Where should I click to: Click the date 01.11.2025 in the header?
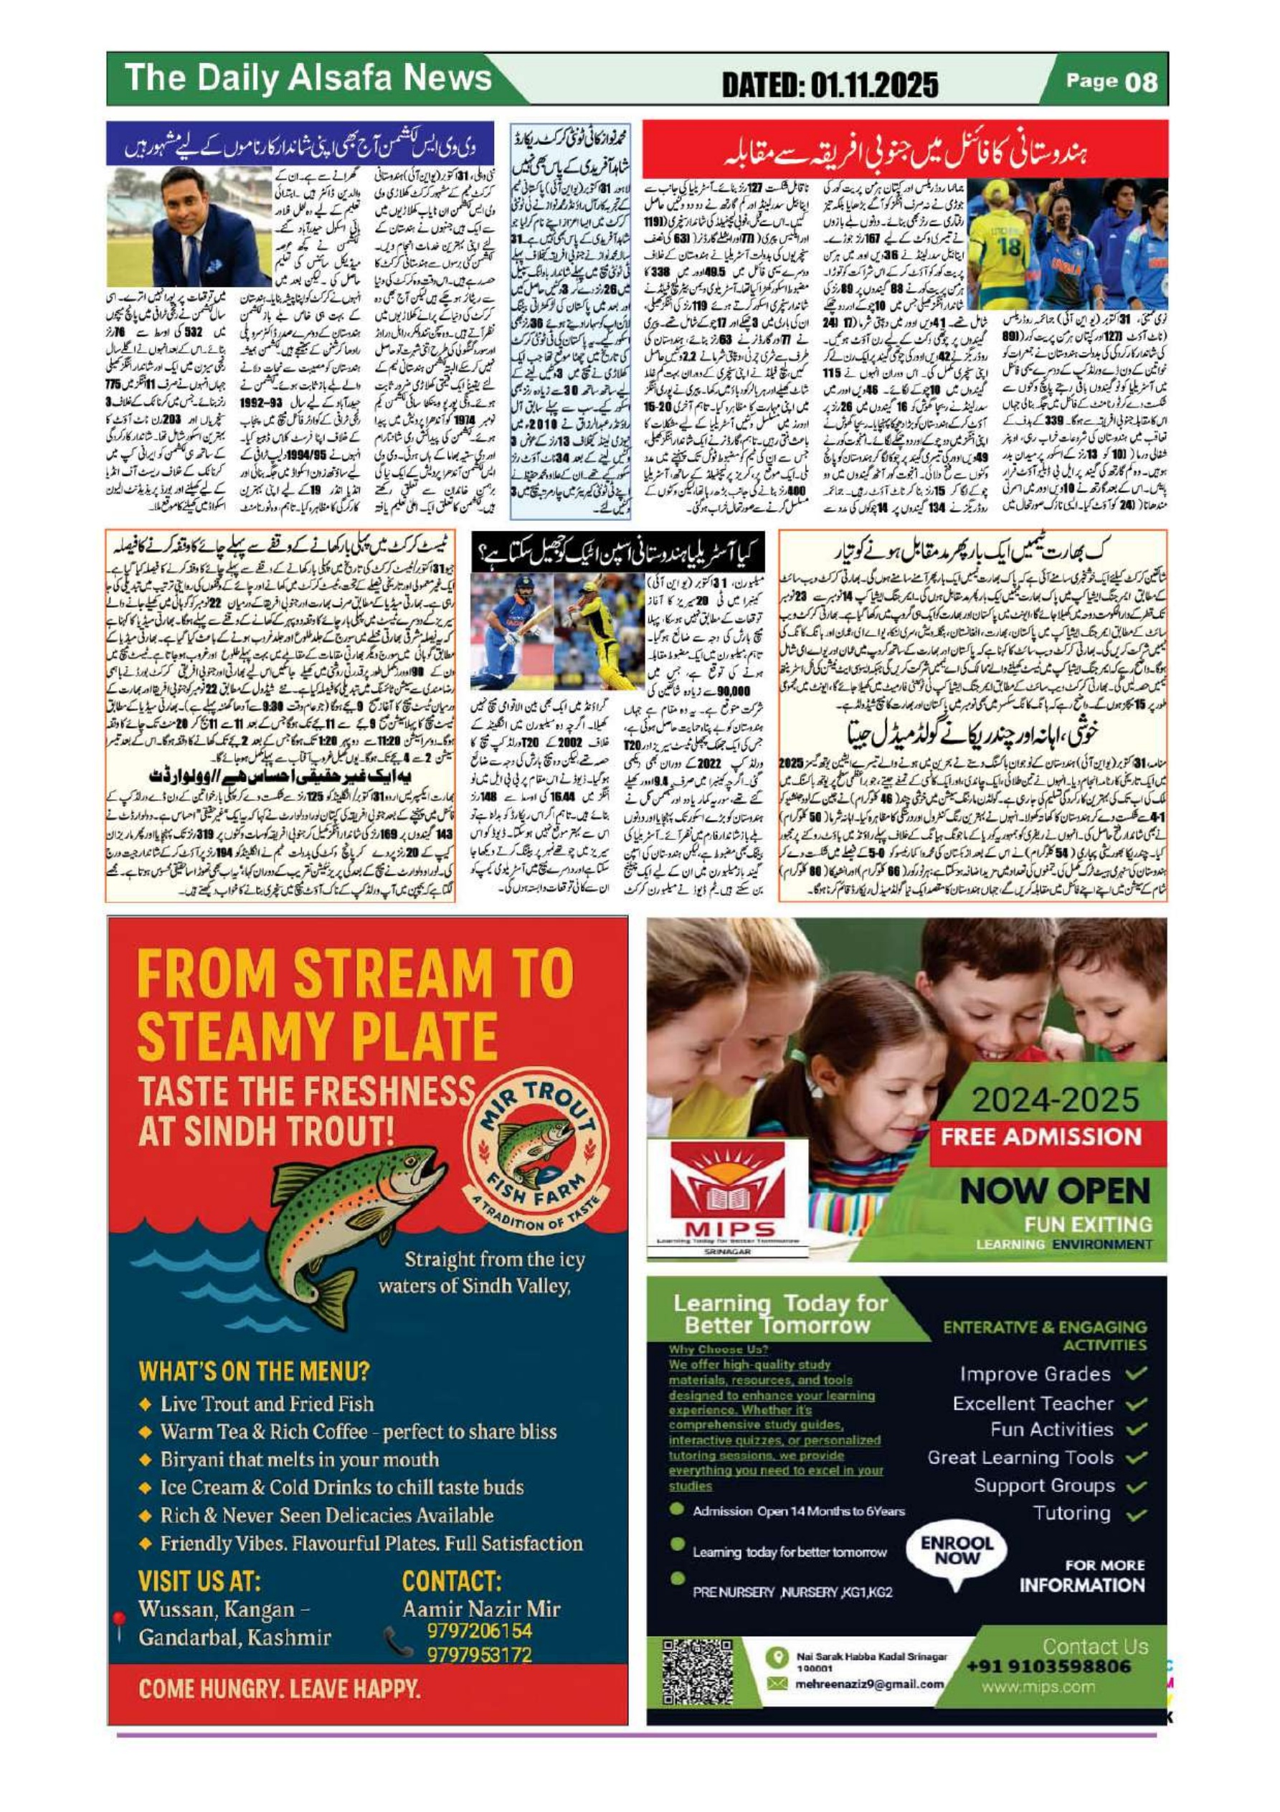coord(830,84)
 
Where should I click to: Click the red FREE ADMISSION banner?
coord(1042,1137)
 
